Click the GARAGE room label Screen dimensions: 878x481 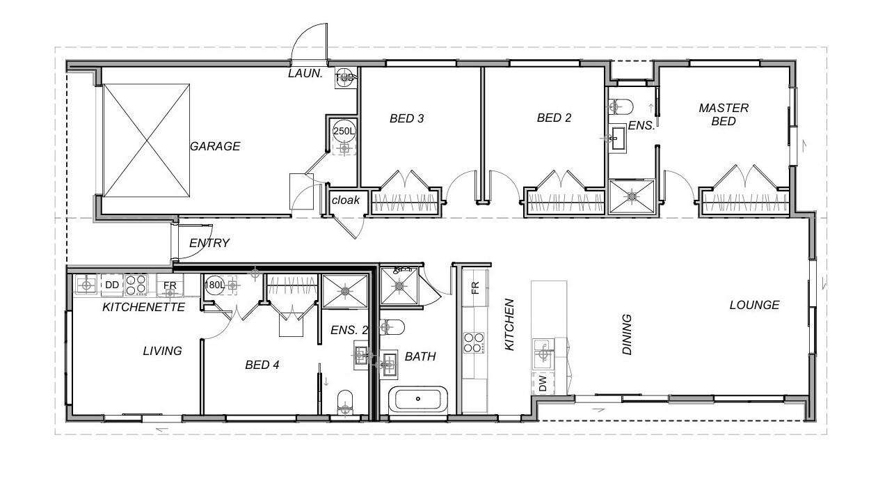coord(215,146)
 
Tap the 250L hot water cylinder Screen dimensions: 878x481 coord(344,131)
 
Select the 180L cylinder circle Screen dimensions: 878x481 coord(214,285)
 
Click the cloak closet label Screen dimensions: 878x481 coord(346,200)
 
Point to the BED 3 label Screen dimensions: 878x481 coord(407,118)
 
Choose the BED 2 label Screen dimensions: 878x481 coord(554,118)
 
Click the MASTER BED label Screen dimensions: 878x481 coord(724,115)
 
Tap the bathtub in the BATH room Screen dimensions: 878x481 coord(418,399)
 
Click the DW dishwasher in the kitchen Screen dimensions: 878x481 coord(543,384)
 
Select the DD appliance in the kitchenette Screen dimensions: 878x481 coord(112,285)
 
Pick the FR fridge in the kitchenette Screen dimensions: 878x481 coord(170,285)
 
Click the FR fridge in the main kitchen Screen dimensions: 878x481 coord(475,288)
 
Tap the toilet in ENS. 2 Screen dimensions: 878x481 coord(345,402)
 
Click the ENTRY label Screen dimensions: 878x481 coord(209,243)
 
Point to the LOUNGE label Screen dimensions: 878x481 coord(755,305)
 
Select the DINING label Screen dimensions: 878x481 coord(628,334)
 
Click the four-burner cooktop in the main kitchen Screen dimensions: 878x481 coord(474,343)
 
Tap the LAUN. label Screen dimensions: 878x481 coord(305,73)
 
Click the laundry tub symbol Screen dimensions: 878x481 coord(346,78)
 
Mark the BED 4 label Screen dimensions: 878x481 coord(262,365)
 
